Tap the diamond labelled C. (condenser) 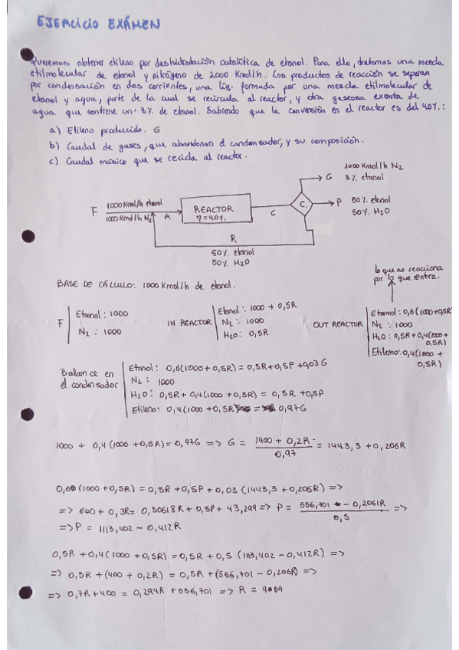[303, 204]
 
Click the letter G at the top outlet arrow [327, 178]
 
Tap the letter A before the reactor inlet [168, 218]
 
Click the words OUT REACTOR [336, 324]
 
